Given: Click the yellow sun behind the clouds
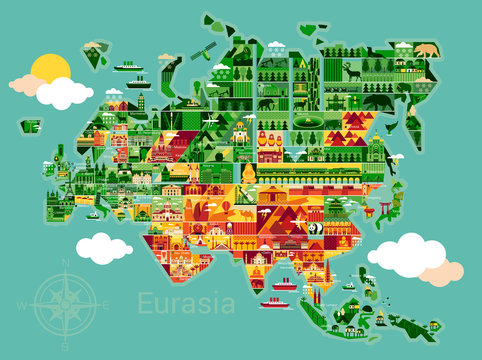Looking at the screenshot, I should (50, 70).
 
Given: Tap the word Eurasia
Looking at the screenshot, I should (185, 302).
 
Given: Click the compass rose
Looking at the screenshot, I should (65, 303).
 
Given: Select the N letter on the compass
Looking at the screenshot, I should (65, 263).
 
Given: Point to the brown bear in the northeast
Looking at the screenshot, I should (424, 49).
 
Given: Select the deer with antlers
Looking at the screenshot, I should (351, 71).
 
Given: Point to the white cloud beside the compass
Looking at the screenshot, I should (104, 247).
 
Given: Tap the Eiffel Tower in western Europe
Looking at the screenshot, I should (62, 161).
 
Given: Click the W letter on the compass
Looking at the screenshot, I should (29, 304).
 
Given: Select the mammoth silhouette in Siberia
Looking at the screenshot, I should (267, 102).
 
